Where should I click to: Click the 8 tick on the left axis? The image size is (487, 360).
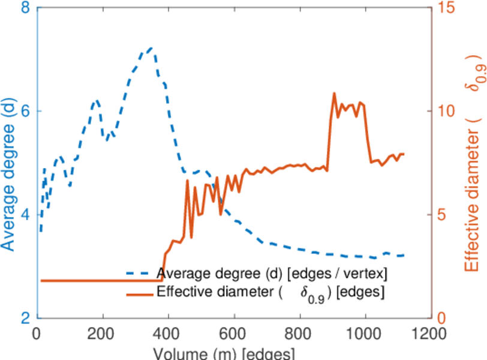[x=26, y=8]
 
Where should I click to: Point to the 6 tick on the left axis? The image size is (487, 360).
[x=26, y=111]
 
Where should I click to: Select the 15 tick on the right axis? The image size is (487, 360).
[x=446, y=8]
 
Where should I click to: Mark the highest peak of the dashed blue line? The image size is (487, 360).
[x=151, y=47]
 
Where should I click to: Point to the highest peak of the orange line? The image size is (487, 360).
[x=334, y=94]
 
